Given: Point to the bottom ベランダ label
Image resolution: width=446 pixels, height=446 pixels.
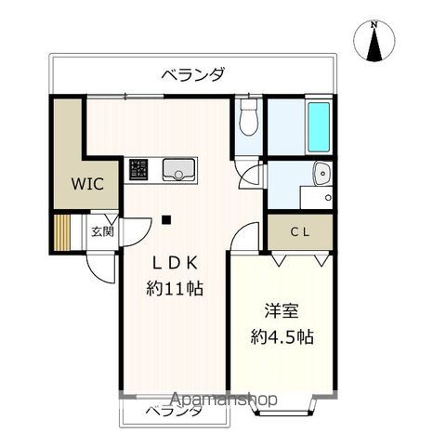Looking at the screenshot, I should [x=172, y=410].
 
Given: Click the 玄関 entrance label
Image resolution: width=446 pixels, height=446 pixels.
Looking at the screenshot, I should [x=101, y=230].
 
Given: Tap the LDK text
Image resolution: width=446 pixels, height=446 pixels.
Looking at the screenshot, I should [x=175, y=262].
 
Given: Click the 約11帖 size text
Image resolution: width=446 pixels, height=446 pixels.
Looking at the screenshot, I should [x=175, y=288].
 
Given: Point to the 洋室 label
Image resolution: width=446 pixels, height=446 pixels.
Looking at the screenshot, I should [x=280, y=308].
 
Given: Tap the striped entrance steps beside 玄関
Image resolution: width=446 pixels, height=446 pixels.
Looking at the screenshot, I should [x=62, y=230].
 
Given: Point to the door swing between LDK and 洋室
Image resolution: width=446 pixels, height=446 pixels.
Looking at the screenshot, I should [x=243, y=239].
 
